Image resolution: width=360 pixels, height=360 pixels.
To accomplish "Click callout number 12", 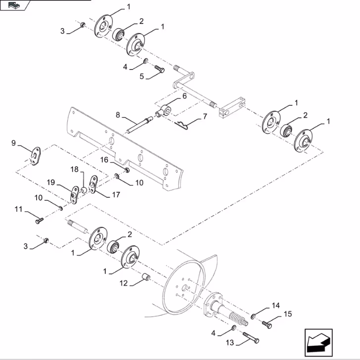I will (124, 283).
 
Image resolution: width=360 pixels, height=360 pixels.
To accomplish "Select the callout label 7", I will (205, 117).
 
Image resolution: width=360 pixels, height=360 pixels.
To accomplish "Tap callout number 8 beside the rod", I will (118, 115).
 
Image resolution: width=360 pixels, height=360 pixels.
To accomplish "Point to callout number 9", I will (14, 143).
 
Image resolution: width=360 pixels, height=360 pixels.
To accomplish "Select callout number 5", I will (141, 77).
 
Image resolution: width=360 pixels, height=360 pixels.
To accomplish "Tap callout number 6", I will (184, 97).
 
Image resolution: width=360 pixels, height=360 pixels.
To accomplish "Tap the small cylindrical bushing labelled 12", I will (147, 276).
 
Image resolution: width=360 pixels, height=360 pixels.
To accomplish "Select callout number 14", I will (276, 306).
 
